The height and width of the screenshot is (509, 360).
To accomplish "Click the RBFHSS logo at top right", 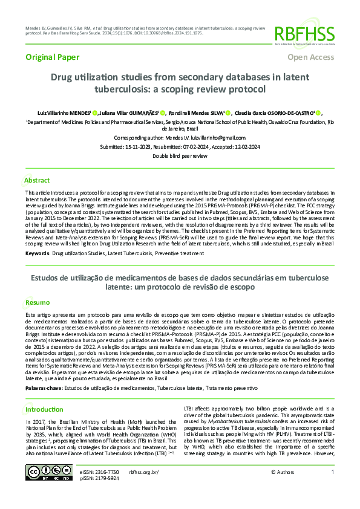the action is pyautogui.click(x=304, y=33).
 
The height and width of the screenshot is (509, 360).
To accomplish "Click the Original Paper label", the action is pyautogui.click(x=49, y=57).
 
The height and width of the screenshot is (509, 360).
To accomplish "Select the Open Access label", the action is pyautogui.click(x=310, y=57).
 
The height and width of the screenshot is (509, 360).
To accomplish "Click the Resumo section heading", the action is pyautogui.click(x=36, y=302).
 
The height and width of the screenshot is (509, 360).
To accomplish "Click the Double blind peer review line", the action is pyautogui.click(x=180, y=156).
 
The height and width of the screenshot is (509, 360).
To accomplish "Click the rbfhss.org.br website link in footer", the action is pyautogui.click(x=144, y=488).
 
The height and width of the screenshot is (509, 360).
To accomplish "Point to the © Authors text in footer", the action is pyautogui.click(x=282, y=488).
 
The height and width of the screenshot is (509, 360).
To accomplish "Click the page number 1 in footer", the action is pyautogui.click(x=332, y=488).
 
